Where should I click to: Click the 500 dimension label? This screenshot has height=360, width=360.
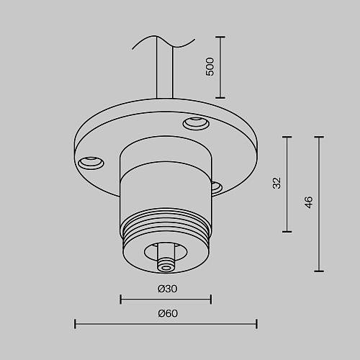click(210, 67)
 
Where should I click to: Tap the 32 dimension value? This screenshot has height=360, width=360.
click(277, 183)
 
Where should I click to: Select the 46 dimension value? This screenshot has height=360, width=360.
click(309, 202)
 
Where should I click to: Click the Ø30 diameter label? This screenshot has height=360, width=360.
click(168, 289)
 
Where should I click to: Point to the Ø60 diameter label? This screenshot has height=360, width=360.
click(168, 313)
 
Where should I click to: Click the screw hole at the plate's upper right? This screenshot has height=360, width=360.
click(196, 123)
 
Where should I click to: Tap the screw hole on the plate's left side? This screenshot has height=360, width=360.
click(91, 163)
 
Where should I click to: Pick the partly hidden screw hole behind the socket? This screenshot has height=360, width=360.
click(216, 187)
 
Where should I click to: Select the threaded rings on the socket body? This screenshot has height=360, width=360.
click(166, 225)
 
